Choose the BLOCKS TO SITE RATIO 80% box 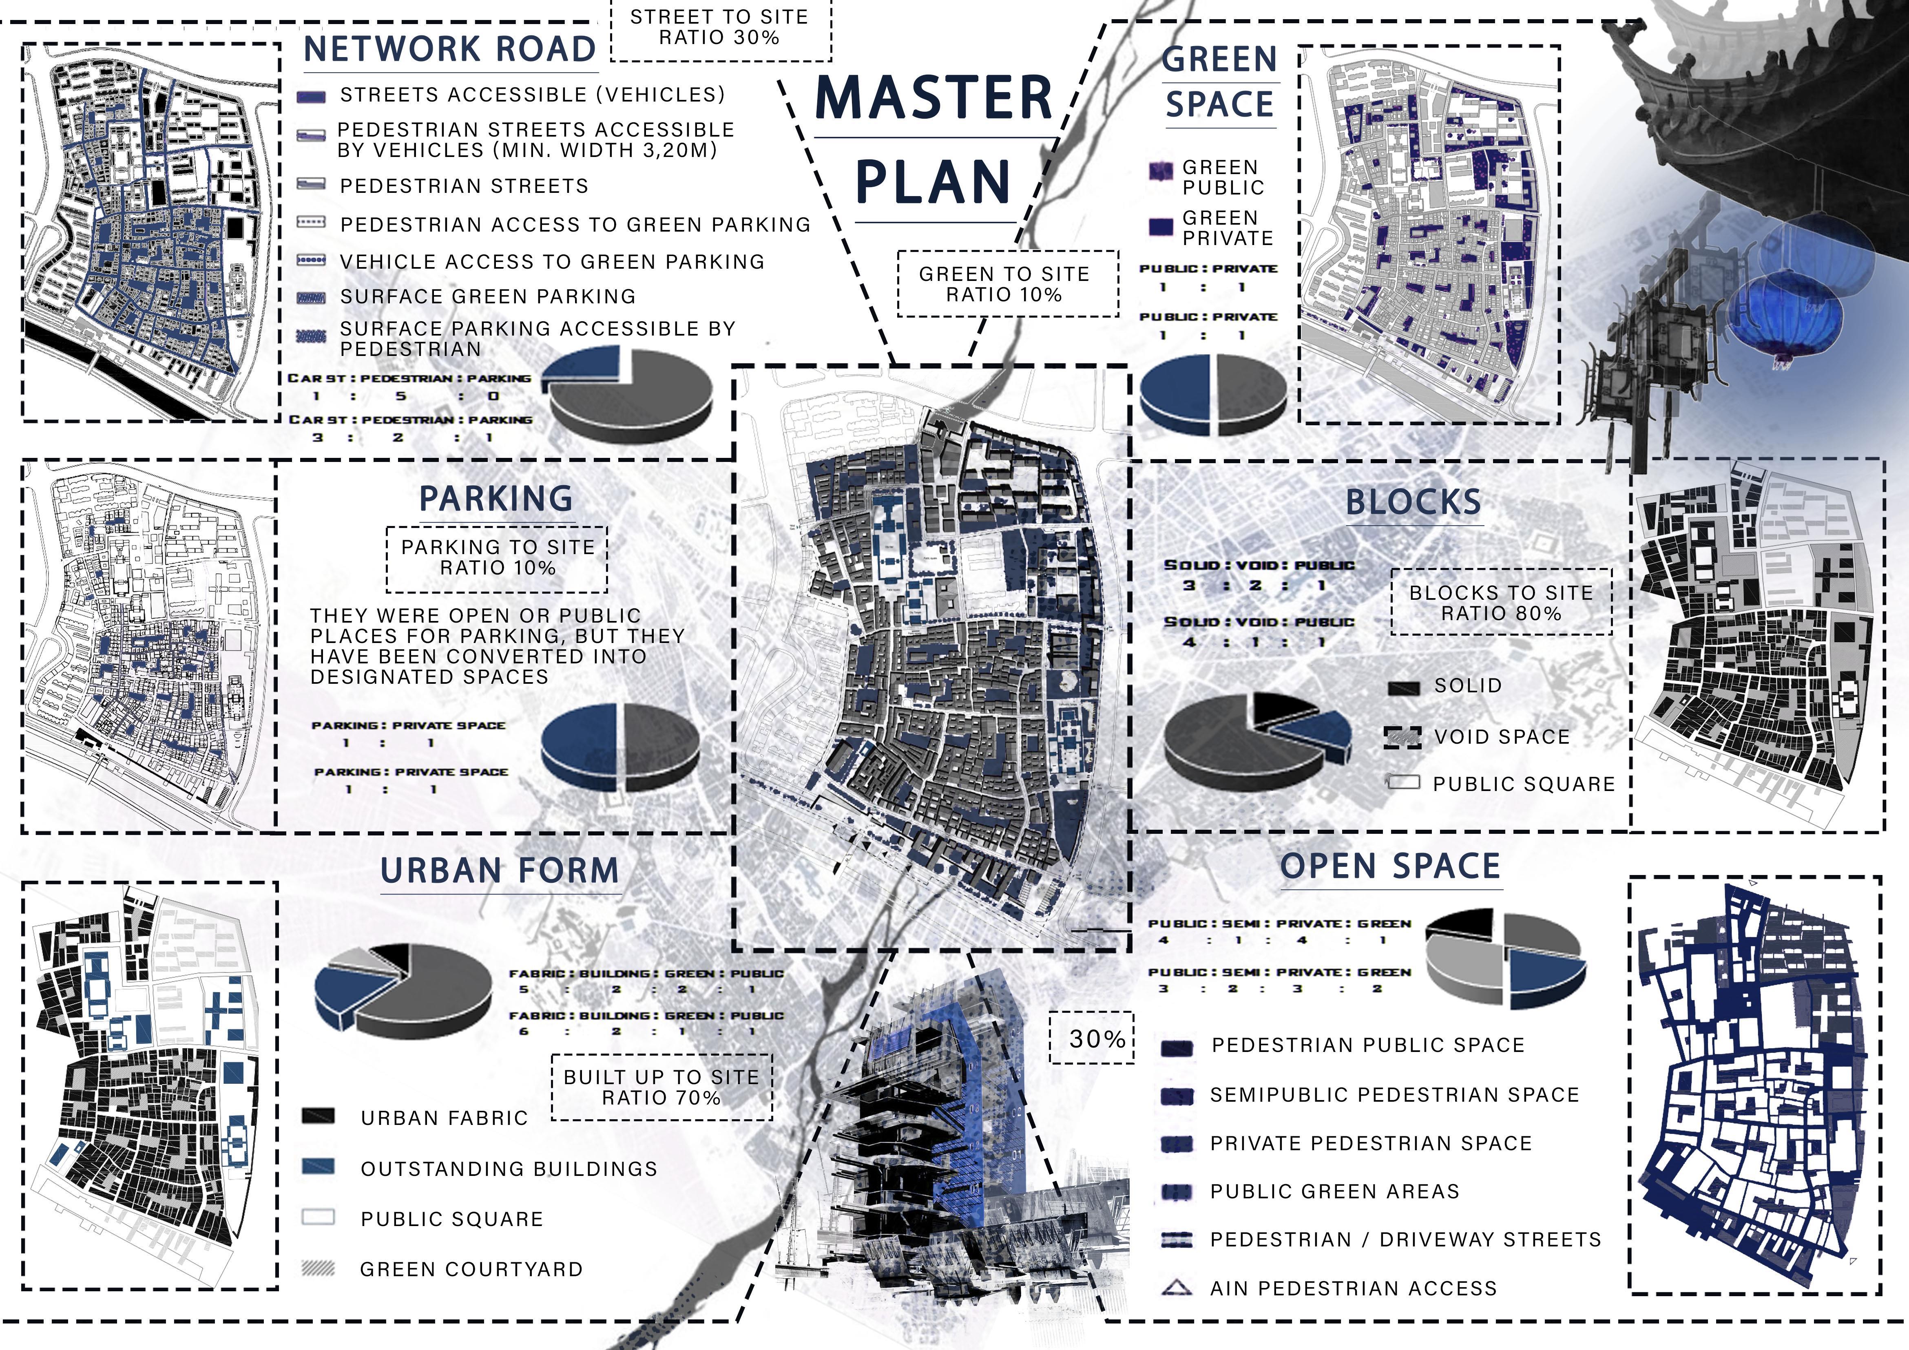point(1501,603)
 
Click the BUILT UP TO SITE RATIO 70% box point(662,1087)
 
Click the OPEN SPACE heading point(1390,866)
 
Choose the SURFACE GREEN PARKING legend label point(487,297)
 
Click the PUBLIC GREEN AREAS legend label point(1334,1191)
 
